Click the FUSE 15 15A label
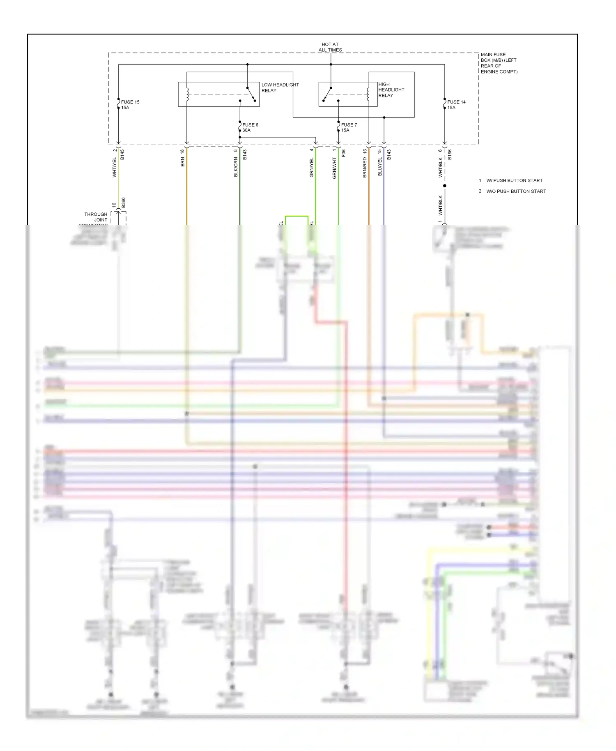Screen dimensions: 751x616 point(130,105)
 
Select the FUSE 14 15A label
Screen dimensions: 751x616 point(456,105)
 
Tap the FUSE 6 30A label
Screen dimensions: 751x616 point(250,127)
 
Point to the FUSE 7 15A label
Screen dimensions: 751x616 point(349,127)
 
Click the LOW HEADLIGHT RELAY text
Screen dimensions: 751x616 point(280,88)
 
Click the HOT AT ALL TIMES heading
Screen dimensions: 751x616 point(330,47)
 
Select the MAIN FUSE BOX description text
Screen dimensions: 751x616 point(499,63)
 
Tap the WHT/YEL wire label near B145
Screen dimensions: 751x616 point(115,168)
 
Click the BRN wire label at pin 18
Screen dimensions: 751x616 point(182,161)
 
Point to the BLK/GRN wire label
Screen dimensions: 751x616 point(236,167)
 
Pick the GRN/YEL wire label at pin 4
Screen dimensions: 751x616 point(311,168)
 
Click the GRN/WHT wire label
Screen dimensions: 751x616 point(334,168)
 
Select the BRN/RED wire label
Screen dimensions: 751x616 point(365,168)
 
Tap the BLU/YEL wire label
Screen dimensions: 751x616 point(380,166)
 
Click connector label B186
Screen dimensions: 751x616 point(450,154)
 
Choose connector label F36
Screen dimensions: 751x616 point(343,153)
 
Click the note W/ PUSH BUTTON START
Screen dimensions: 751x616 point(514,180)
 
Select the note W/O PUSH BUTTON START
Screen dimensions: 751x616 point(516,191)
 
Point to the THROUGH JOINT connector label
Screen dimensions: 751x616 point(96,217)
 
